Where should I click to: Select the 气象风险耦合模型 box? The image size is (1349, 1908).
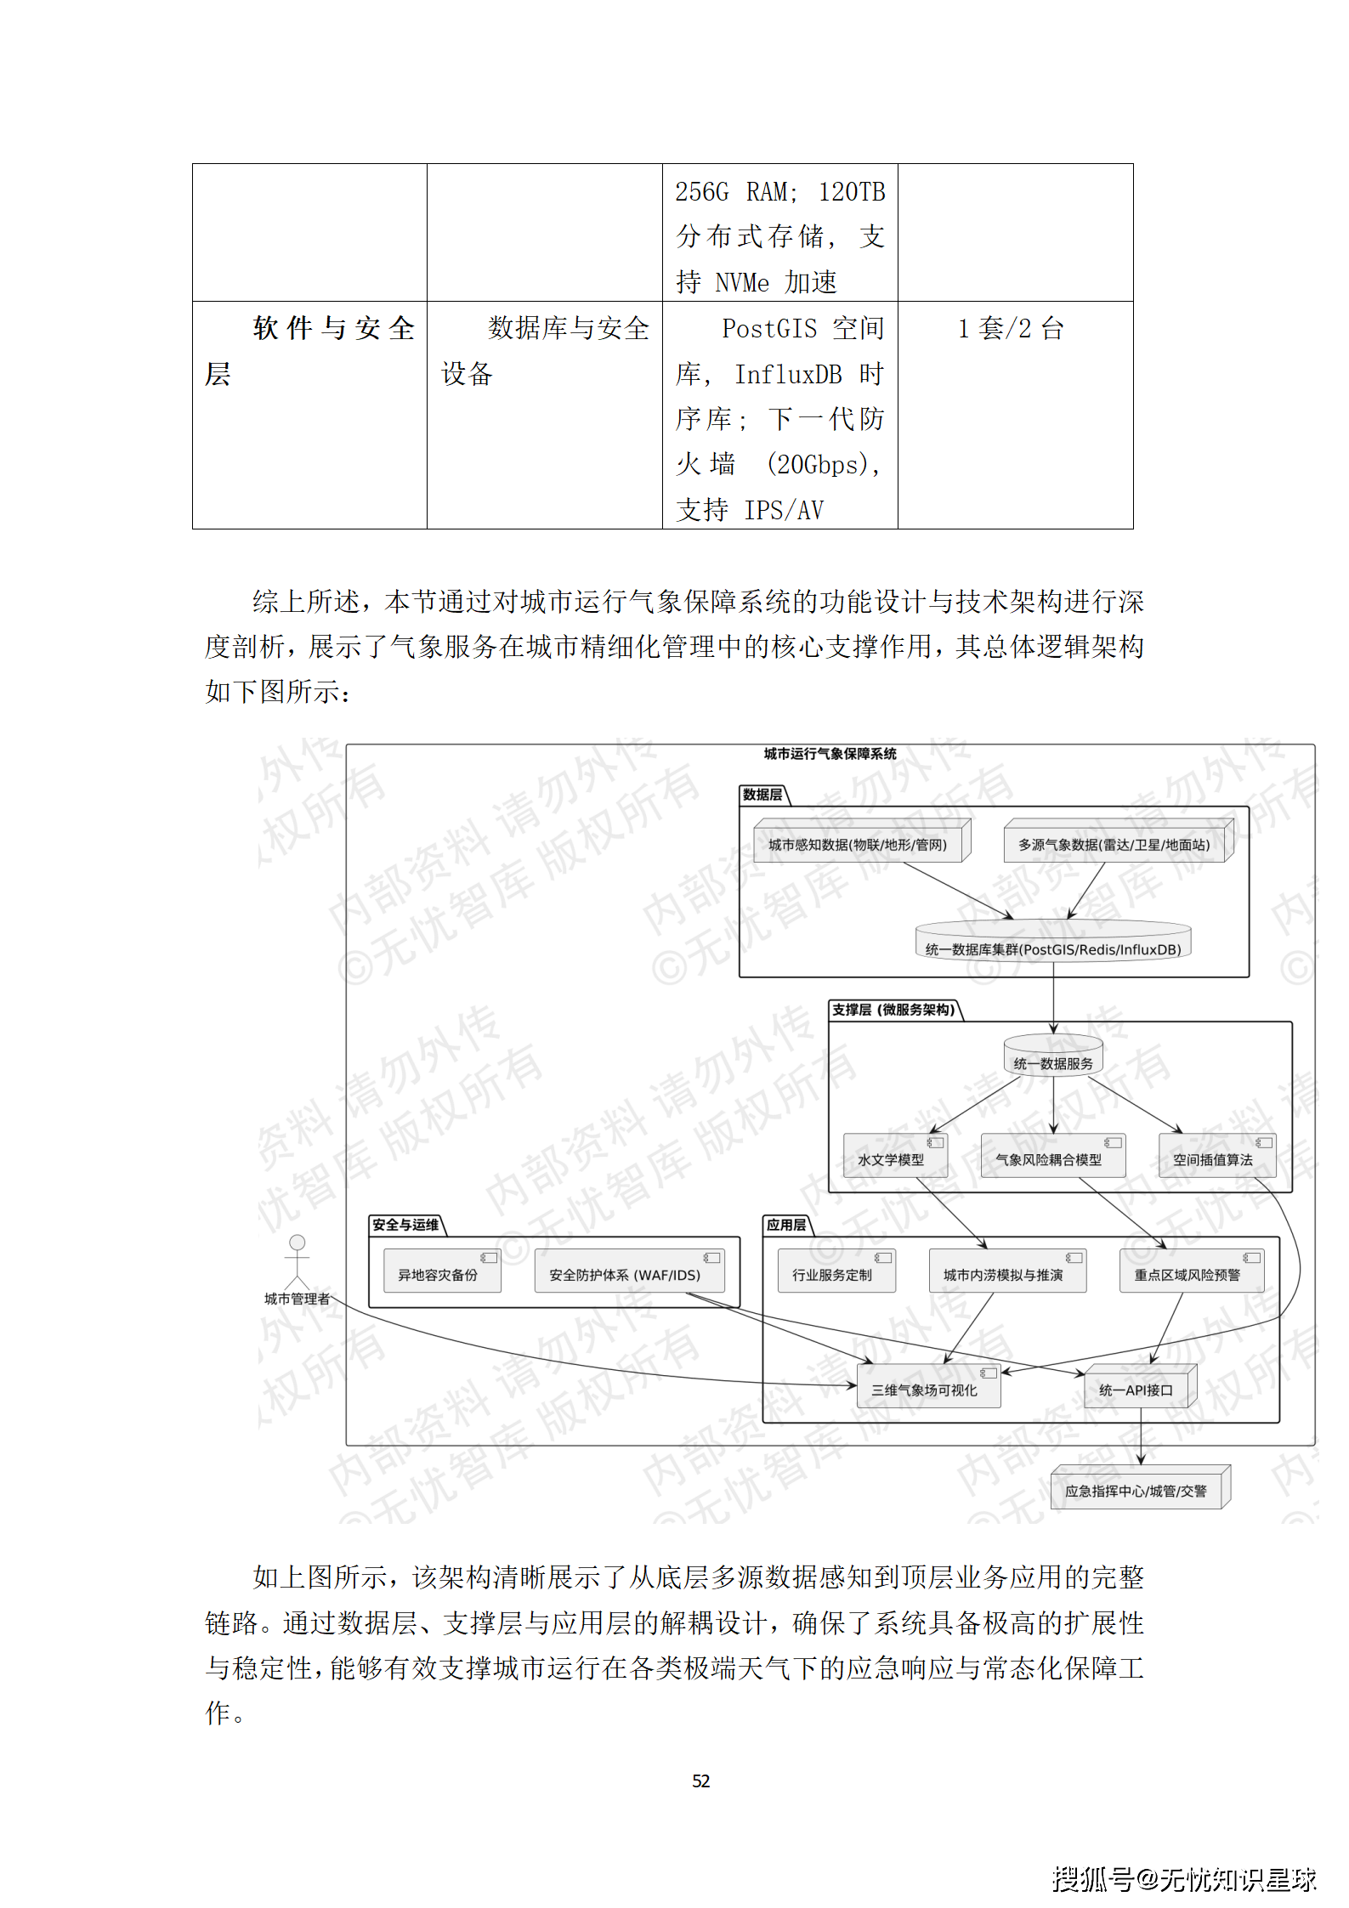tap(1052, 1158)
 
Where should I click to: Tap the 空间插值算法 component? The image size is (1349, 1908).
tap(1216, 1158)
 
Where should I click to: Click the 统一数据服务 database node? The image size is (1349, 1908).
tap(1053, 1061)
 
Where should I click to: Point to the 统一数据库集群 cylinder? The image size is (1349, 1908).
tap(1053, 946)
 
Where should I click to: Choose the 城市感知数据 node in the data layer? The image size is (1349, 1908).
tap(860, 843)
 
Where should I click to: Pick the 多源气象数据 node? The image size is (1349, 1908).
tap(1116, 843)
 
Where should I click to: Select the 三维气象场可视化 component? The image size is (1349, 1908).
tap(927, 1390)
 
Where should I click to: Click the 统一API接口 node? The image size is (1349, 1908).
tap(1139, 1390)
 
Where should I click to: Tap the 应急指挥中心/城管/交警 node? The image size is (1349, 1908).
tap(1139, 1490)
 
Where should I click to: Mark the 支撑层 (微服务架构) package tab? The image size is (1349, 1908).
tap(894, 1010)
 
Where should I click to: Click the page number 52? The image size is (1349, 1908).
tap(700, 1781)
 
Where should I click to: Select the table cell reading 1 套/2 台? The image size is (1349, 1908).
tap(1012, 328)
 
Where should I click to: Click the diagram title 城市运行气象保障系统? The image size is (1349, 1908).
tap(830, 754)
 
